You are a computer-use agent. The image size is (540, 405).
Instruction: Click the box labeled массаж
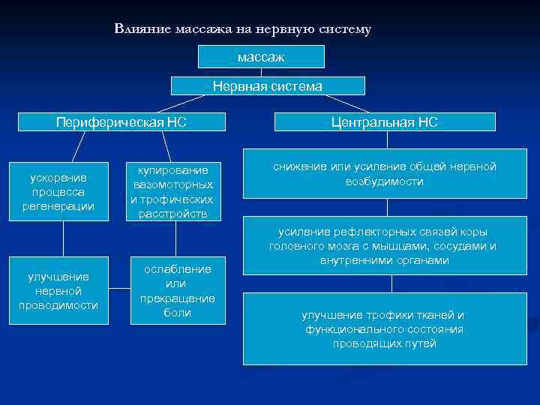[261, 56]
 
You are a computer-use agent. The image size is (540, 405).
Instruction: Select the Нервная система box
[268, 86]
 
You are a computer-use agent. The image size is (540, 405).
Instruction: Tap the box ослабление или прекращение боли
[178, 291]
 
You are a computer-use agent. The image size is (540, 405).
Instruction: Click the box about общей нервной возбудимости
[385, 174]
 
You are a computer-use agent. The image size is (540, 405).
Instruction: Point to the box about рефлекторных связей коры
[385, 246]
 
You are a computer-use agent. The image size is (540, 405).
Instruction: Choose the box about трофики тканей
[385, 328]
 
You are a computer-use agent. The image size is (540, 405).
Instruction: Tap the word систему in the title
[343, 29]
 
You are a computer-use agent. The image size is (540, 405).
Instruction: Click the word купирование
[173, 169]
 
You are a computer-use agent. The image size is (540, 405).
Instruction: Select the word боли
[178, 313]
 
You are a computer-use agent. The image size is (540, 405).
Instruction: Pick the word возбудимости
[385, 181]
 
